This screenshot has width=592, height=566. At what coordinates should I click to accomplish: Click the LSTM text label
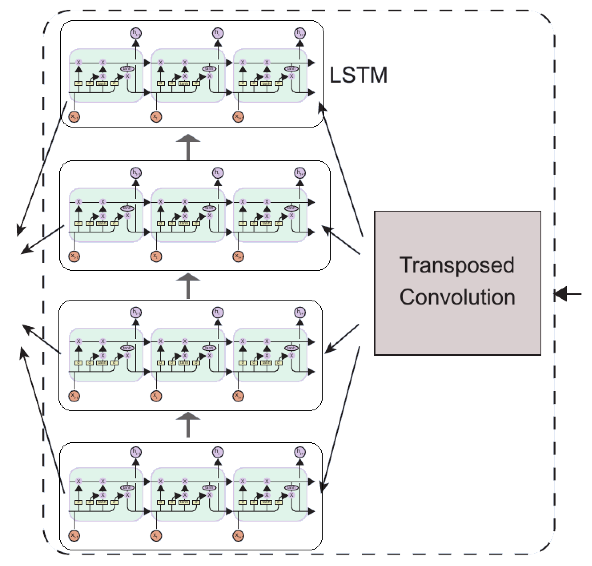click(x=358, y=75)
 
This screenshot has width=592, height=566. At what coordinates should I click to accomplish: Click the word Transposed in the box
click(x=457, y=265)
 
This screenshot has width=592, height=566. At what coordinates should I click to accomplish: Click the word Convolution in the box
click(x=457, y=297)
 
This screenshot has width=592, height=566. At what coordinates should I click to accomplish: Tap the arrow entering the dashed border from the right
click(x=567, y=294)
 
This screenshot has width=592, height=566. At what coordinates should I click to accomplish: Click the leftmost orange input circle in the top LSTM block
click(x=74, y=116)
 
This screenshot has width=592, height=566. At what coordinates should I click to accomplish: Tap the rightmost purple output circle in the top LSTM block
click(x=300, y=33)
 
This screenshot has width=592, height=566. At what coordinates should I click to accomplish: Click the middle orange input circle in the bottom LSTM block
click(x=156, y=536)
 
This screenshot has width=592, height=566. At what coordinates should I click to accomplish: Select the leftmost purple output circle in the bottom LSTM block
click(x=136, y=452)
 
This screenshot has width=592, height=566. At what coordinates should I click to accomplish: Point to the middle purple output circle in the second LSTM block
click(x=218, y=173)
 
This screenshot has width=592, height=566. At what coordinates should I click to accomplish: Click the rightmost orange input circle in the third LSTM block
click(x=238, y=395)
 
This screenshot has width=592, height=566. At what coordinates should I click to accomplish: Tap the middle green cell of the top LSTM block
click(x=188, y=76)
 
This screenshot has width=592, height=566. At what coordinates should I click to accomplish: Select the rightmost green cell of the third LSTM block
click(x=270, y=354)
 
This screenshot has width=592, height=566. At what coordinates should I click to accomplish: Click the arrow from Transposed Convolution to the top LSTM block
click(x=341, y=169)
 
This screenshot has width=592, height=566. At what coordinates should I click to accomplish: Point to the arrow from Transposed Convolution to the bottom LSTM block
click(x=341, y=419)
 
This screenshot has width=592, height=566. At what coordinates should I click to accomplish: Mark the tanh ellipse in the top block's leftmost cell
click(x=127, y=69)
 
